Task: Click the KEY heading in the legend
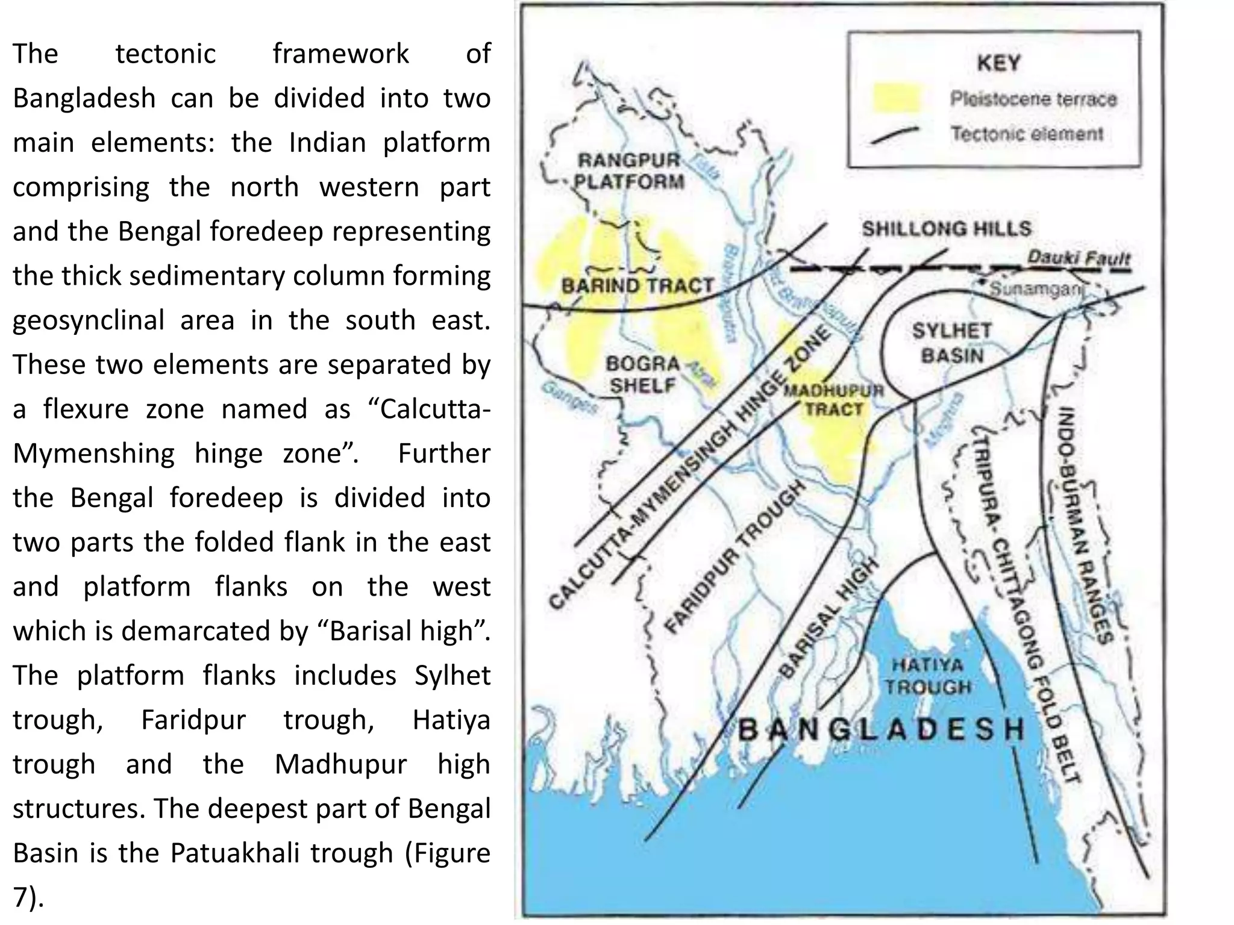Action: [998, 63]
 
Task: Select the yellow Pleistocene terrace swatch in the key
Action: [897, 98]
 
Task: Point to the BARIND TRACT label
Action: [637, 285]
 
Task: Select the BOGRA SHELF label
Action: [642, 375]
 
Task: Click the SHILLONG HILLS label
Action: [946, 229]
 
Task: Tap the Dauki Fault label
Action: [1078, 258]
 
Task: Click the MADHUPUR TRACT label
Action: [834, 400]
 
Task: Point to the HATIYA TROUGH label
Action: [927, 676]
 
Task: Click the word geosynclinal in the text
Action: [88, 320]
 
